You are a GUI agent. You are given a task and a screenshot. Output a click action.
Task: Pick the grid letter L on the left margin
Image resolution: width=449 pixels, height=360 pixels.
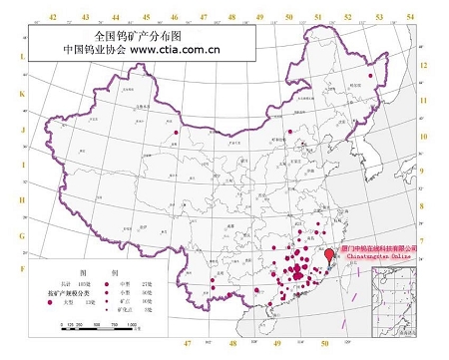22,58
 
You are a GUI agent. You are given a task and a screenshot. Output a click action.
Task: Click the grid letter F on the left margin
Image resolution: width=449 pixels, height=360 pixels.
22,268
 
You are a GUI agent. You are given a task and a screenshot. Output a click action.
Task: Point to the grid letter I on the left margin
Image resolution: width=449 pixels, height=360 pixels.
22,164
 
